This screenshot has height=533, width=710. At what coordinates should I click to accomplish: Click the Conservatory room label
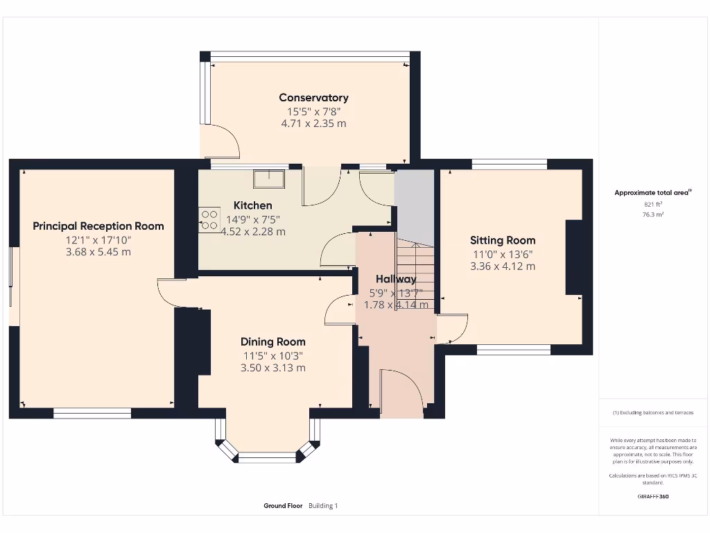pyautogui.click(x=313, y=98)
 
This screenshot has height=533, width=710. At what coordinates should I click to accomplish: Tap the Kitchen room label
pyautogui.click(x=252, y=205)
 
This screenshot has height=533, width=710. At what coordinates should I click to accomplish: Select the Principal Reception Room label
pyautogui.click(x=98, y=226)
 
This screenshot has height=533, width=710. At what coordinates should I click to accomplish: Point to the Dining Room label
pyautogui.click(x=272, y=341)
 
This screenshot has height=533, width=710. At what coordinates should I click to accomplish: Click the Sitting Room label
pyautogui.click(x=503, y=240)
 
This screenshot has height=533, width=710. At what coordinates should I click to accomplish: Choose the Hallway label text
pyautogui.click(x=396, y=279)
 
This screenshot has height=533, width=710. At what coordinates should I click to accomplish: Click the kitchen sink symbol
pyautogui.click(x=270, y=178)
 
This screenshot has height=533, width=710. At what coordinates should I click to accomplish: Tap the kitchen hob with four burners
pyautogui.click(x=208, y=219)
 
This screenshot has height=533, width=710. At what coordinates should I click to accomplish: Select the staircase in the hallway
pyautogui.click(x=415, y=274)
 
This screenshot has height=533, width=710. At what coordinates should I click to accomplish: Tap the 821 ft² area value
pyautogui.click(x=653, y=204)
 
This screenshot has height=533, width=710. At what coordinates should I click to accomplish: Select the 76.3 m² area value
pyautogui.click(x=653, y=214)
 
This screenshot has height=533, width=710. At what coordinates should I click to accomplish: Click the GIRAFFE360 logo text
pyautogui.click(x=653, y=496)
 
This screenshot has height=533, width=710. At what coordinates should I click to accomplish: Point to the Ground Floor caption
pyautogui.click(x=283, y=506)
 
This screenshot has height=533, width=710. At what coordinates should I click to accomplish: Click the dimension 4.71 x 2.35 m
pyautogui.click(x=313, y=124)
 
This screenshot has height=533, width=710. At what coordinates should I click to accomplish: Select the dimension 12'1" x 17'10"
pyautogui.click(x=98, y=239)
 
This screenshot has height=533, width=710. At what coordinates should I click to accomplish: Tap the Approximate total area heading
pyautogui.click(x=653, y=193)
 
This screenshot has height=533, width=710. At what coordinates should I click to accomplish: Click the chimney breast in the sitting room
pyautogui.click(x=574, y=257)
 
